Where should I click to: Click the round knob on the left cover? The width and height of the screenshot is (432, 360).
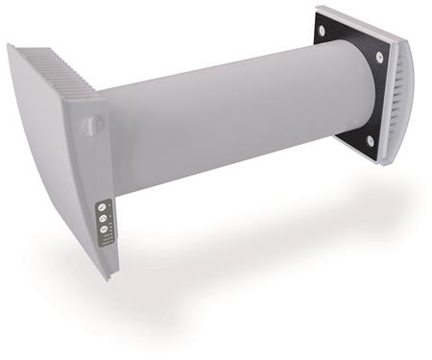tap(89, 125)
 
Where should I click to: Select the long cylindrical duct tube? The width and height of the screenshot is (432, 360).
tap(240, 115)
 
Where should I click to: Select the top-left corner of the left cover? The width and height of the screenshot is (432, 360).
tap(12, 46)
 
